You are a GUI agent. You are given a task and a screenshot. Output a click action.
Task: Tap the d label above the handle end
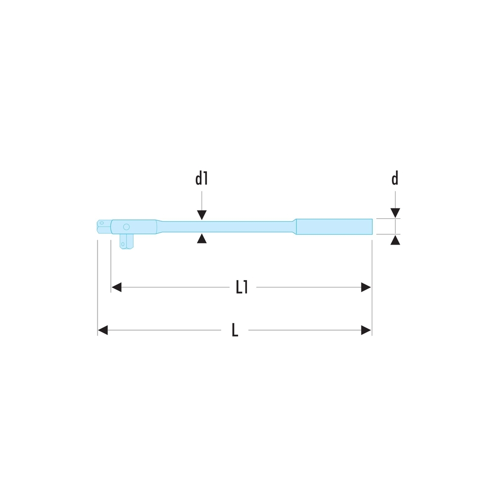pos(395,179)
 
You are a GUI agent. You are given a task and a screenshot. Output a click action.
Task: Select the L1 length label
pos(242,288)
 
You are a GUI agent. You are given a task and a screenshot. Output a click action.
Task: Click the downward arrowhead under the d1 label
pos(201,215)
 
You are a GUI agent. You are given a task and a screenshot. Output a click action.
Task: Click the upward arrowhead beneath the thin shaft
pos(201,239)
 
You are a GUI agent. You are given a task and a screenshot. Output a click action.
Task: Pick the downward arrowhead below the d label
pos(395,213)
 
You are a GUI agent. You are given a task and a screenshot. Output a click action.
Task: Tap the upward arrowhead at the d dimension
pos(395,241)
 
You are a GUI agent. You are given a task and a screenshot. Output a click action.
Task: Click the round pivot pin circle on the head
pos(126,227)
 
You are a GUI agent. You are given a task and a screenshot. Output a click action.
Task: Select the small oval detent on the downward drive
pos(123,244)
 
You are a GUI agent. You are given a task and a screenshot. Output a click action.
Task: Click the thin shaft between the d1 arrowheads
pos(201,227)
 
